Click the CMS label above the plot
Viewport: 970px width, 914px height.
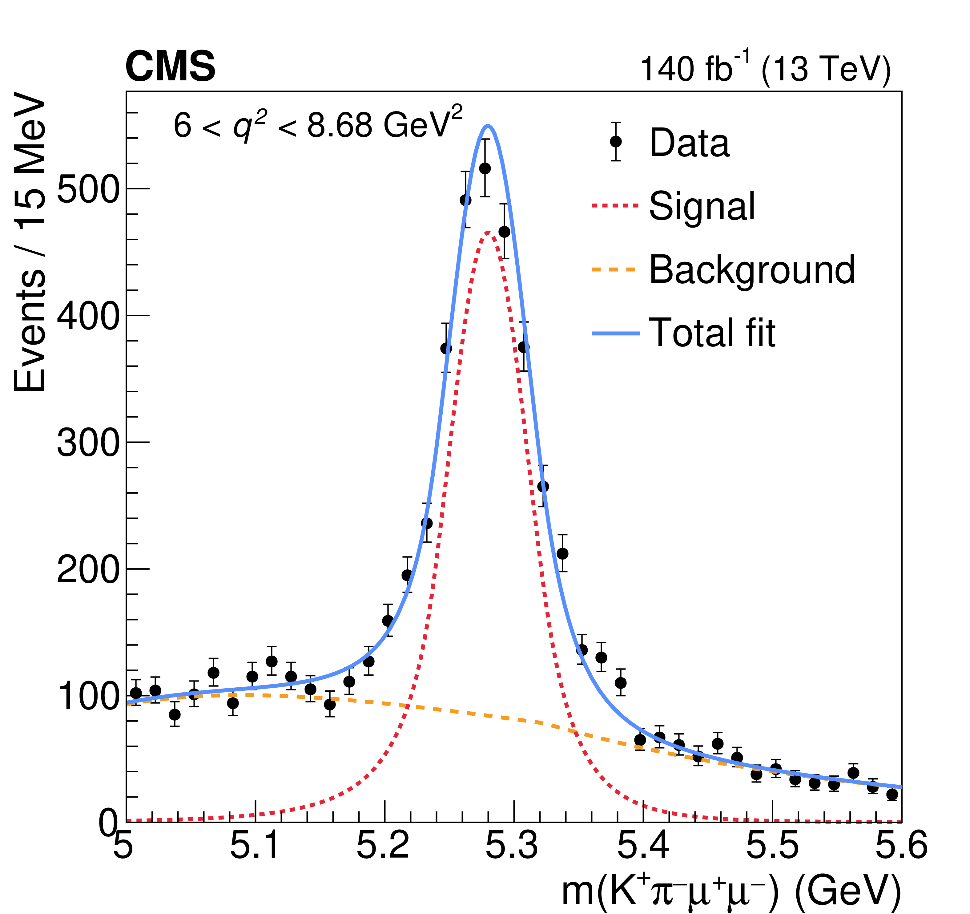tap(170, 67)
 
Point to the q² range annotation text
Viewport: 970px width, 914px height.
tap(318, 124)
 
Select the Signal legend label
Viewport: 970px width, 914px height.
tap(702, 206)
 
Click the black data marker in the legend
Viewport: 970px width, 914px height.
tap(616, 142)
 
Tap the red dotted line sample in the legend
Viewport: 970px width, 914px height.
tap(615, 206)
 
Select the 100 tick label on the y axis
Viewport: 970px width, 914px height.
tap(88, 696)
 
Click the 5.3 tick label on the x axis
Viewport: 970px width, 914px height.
tap(512, 845)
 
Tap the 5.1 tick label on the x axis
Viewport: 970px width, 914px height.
tap(255, 845)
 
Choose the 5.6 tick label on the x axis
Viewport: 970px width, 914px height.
tap(901, 845)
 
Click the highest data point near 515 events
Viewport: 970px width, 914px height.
tap(485, 168)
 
